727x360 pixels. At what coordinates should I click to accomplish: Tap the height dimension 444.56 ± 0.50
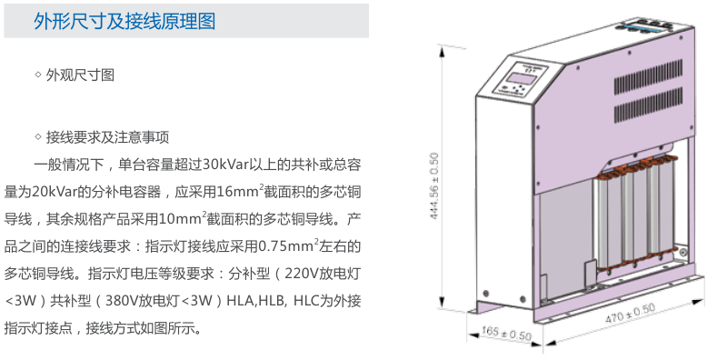coord(433,182)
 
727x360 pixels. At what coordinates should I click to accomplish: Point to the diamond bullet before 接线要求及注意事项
coord(37,138)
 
